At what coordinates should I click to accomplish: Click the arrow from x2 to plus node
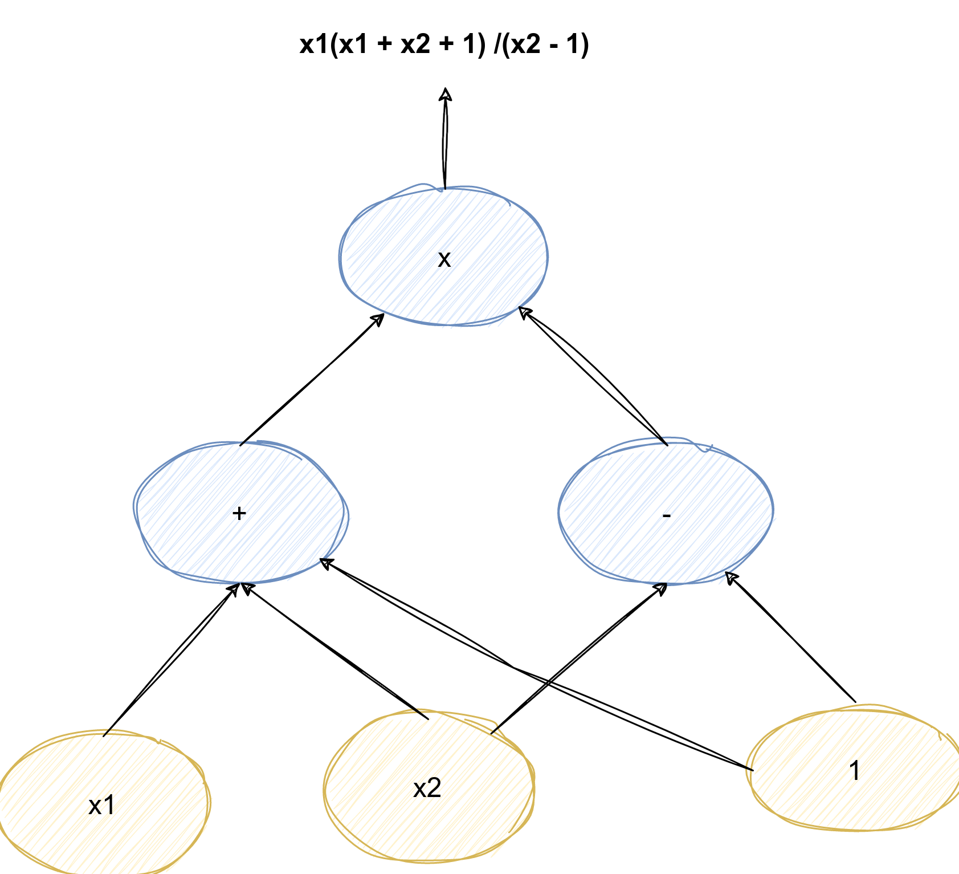click(x=336, y=650)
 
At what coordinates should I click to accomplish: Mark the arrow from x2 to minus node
click(x=578, y=658)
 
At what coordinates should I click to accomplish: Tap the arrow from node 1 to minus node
click(x=792, y=639)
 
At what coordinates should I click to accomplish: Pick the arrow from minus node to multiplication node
click(x=593, y=376)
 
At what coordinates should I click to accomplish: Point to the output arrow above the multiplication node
click(x=445, y=140)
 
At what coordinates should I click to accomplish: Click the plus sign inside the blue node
click(x=239, y=513)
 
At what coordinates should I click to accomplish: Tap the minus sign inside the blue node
click(x=667, y=515)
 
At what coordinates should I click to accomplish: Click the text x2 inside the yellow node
click(x=427, y=788)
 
